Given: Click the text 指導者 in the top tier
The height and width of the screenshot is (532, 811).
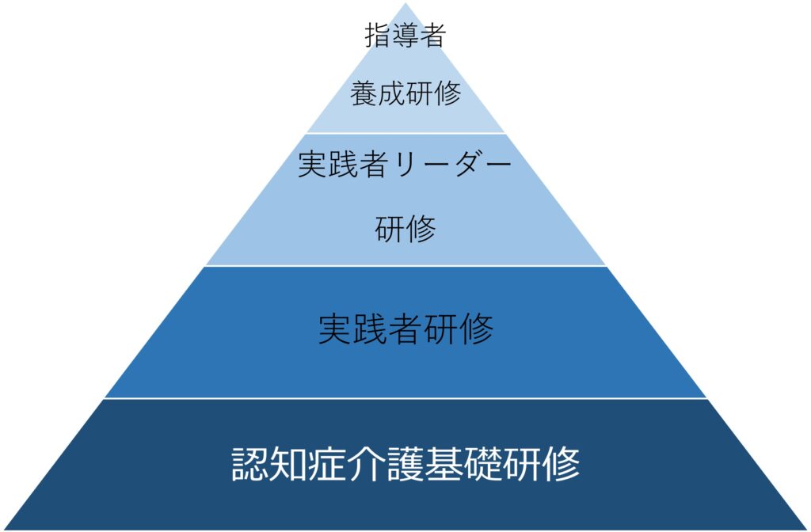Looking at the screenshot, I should coord(405,36).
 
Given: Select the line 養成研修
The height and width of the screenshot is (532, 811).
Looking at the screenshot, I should coord(405,94).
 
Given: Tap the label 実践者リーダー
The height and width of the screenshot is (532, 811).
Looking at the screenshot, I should coord(405,165).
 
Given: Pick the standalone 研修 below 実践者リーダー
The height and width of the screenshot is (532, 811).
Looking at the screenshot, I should coord(405,230).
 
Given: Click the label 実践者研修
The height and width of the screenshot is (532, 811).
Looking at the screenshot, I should coord(405,329).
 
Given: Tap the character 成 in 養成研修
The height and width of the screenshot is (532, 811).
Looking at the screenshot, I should coord(391,94).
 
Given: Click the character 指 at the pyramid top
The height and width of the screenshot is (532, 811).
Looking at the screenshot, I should coord(378,36).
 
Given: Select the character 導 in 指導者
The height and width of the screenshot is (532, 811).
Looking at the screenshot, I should coord(405,36).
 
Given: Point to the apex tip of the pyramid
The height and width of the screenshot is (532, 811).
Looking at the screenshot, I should coord(405,3).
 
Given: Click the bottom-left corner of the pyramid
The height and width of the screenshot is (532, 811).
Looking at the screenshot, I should coord(3,529).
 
